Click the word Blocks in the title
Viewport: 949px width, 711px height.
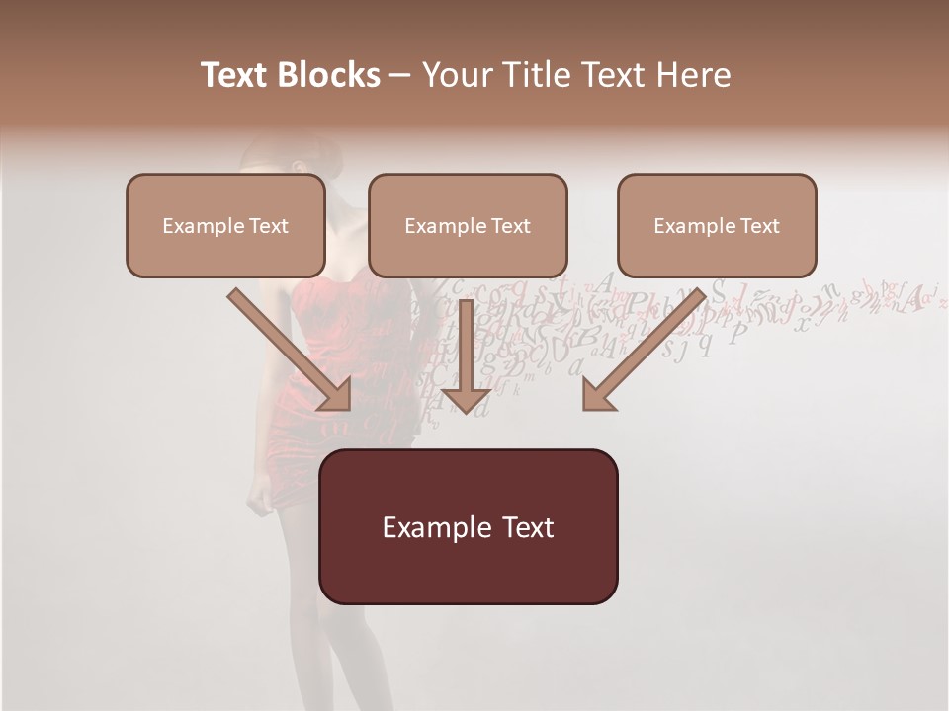(x=330, y=75)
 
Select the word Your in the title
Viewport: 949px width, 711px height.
(x=452, y=75)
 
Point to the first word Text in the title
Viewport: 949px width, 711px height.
(x=235, y=75)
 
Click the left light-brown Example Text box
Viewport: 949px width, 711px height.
(x=225, y=225)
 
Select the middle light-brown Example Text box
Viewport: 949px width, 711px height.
(x=468, y=225)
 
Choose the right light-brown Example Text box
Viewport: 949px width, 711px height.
(x=717, y=225)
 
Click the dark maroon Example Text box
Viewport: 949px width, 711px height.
(x=468, y=526)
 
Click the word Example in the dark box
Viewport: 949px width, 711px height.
(x=430, y=527)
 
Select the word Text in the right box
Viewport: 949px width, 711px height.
(x=759, y=226)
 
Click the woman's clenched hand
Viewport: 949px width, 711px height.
(x=261, y=500)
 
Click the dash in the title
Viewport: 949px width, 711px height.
(x=400, y=76)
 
